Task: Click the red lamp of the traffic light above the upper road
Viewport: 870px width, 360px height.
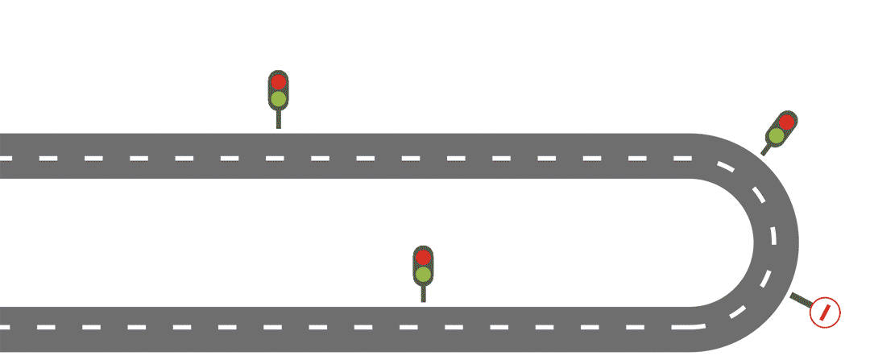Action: coord(278,81)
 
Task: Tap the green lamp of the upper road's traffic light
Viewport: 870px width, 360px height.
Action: coord(278,99)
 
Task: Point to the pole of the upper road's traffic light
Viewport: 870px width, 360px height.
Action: coord(278,119)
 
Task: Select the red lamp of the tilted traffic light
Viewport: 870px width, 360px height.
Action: coord(786,122)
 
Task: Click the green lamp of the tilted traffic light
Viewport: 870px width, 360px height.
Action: coord(776,136)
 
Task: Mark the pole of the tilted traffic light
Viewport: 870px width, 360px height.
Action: coord(765,150)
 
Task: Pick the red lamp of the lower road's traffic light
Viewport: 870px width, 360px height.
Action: coord(423,258)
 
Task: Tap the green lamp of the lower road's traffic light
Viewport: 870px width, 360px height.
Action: coord(423,275)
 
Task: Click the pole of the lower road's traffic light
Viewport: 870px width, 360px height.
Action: coord(423,294)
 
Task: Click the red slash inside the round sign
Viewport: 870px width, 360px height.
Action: coord(825,312)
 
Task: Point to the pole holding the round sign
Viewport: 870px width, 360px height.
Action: coord(801,299)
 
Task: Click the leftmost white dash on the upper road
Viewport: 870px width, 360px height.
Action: coord(6,158)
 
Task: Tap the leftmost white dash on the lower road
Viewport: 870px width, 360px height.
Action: coord(6,327)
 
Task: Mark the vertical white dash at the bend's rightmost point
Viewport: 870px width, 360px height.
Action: coord(774,238)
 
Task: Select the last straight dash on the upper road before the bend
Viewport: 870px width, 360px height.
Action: coord(682,158)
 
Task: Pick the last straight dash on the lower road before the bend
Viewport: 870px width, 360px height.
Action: coord(682,327)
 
